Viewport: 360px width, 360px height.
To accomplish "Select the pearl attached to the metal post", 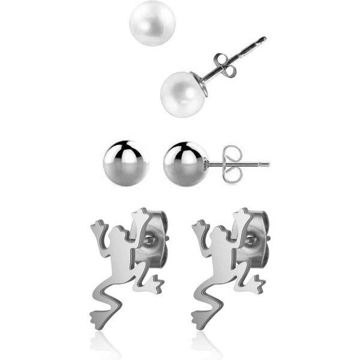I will click(x=183, y=94).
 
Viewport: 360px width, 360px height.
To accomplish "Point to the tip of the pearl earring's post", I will click(x=263, y=39).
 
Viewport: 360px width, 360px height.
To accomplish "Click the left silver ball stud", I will click(x=125, y=163).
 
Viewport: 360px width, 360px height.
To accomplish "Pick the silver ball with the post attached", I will click(x=185, y=163).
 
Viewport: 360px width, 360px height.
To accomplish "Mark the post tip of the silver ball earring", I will click(x=267, y=163).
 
